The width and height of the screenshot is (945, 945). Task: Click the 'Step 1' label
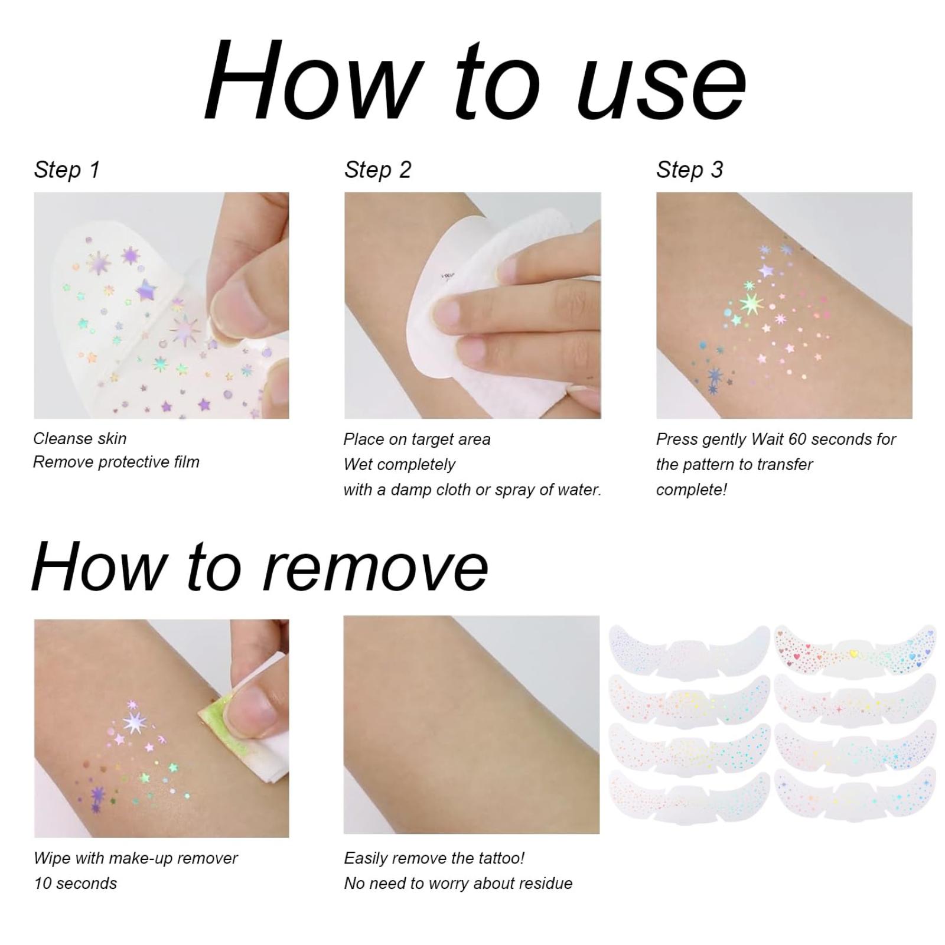(67, 170)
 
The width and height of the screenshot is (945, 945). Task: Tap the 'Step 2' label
(377, 170)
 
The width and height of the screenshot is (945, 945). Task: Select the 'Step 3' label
(689, 170)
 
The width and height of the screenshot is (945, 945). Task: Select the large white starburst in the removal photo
(135, 722)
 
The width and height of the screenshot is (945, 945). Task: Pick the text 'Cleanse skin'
(80, 438)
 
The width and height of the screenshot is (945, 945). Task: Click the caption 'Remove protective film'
(116, 462)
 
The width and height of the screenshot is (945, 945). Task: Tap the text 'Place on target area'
(417, 439)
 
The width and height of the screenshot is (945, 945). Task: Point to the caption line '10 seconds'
(76, 884)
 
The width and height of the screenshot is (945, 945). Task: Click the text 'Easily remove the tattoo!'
(434, 858)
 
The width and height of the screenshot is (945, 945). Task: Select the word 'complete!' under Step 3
(692, 490)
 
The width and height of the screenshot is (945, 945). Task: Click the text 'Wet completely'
(399, 464)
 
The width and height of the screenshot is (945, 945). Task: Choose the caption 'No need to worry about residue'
(458, 884)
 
